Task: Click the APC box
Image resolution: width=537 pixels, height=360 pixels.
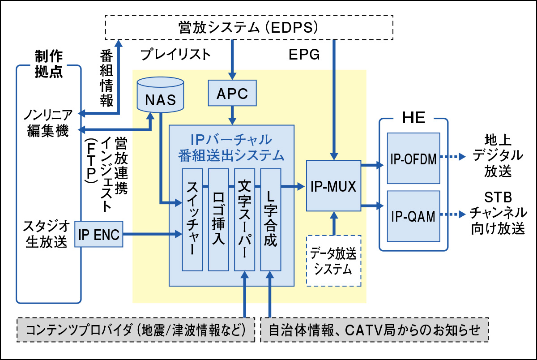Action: tap(232, 94)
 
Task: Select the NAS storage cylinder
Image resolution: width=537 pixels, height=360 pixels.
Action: tap(161, 95)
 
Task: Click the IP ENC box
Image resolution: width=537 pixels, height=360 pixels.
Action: tap(99, 234)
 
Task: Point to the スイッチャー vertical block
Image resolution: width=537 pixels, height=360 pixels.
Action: tap(192, 220)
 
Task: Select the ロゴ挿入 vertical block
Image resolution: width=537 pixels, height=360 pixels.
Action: tap(218, 220)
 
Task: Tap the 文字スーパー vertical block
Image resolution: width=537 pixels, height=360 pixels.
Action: tap(244, 220)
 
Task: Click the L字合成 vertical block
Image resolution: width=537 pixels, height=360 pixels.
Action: tap(270, 220)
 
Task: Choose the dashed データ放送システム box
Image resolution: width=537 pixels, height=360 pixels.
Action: tap(334, 261)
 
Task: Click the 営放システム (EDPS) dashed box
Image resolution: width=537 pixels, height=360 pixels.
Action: tap(248, 27)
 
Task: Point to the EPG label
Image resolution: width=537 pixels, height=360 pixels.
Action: tap(304, 55)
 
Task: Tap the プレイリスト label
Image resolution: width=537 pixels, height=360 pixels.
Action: tap(175, 55)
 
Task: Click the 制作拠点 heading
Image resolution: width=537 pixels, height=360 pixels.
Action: tap(48, 64)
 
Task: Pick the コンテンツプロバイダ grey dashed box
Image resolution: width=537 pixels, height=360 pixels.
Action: tap(136, 330)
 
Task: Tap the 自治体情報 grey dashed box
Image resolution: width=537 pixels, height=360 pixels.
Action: tap(374, 330)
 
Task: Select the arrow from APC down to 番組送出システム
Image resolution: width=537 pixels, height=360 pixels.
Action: tap(232, 116)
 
